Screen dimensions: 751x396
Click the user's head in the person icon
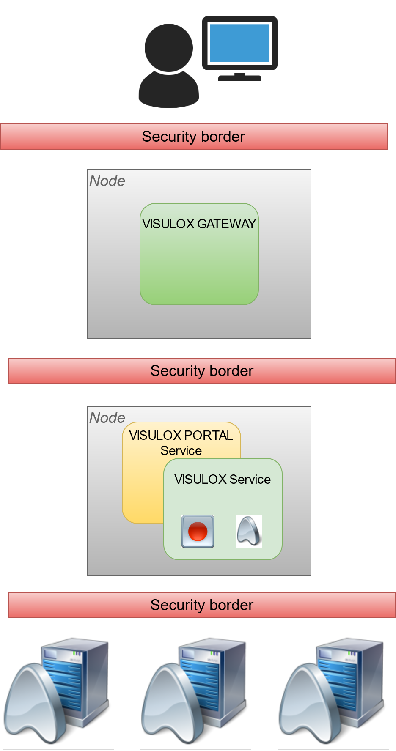168,47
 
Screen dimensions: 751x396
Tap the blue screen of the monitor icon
239,43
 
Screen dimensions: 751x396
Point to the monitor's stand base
239,78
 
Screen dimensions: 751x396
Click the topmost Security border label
193,137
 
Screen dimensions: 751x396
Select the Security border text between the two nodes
202,371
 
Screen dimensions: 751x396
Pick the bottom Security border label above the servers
202,605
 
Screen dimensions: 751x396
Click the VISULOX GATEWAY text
199,224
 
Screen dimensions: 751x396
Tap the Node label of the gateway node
107,181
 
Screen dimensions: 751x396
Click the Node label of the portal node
107,418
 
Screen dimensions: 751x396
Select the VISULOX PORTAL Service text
181,442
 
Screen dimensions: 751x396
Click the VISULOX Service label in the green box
223,479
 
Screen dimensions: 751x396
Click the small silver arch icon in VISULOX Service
249,531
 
